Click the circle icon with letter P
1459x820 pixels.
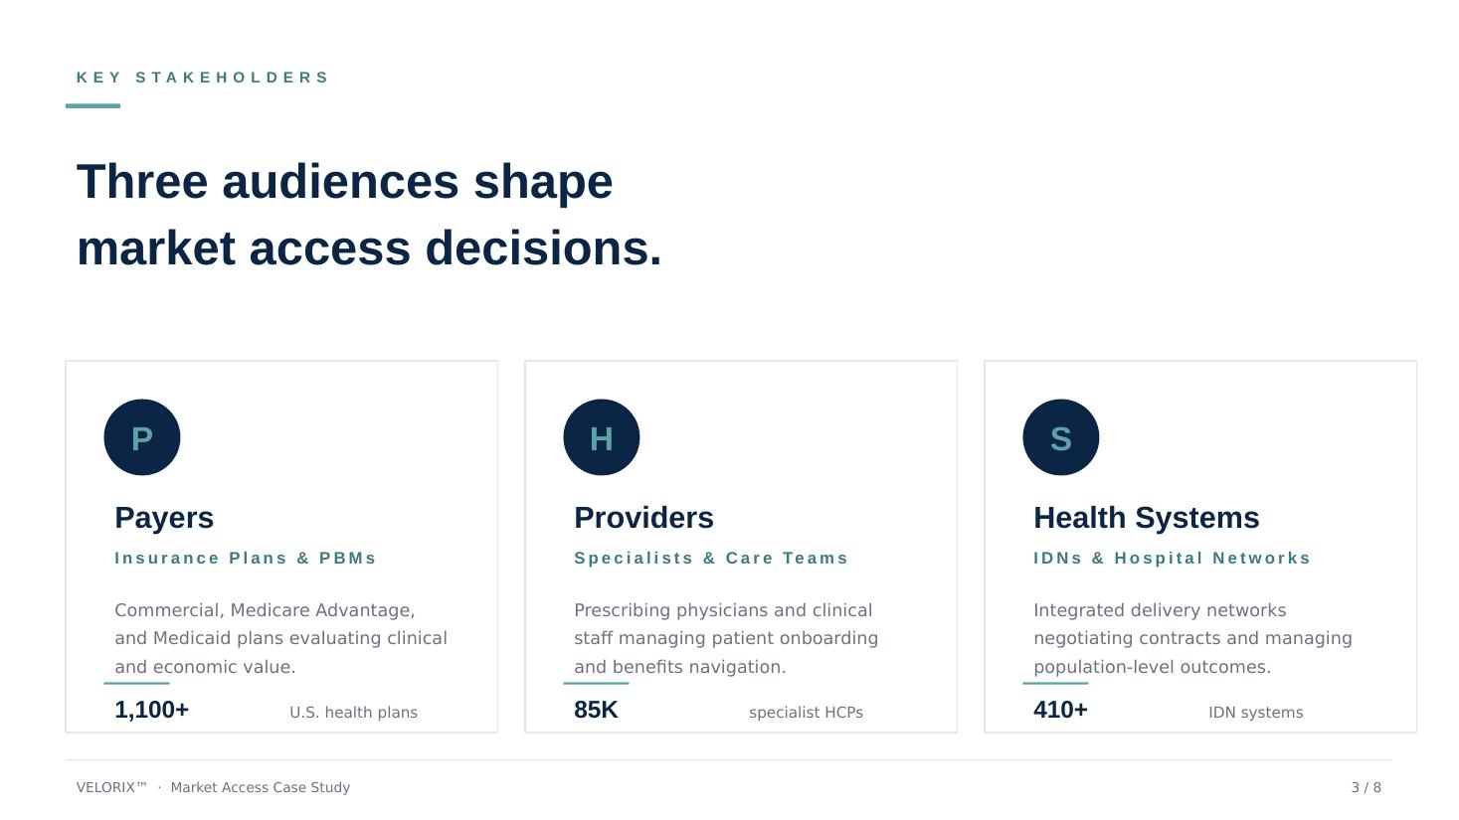tap(142, 437)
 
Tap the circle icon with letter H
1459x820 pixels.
tap(601, 437)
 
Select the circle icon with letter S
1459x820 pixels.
tap(1061, 437)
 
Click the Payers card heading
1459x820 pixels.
tap(164, 519)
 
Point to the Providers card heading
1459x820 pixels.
tap(643, 518)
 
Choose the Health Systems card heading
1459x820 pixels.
tap(1147, 519)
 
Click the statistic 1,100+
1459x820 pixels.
tap(152, 710)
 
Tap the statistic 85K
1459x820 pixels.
tap(596, 710)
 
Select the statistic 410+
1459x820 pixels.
tap(1060, 710)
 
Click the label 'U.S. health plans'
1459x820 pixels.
tap(354, 713)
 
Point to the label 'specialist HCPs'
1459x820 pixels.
tap(806, 713)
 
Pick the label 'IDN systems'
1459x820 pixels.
tap(1256, 713)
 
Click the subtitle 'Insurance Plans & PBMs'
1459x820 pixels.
tap(246, 559)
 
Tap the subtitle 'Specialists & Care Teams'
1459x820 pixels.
tap(711, 559)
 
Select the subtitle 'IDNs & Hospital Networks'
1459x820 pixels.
tap(1172, 559)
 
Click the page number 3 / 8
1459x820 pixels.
tap(1367, 787)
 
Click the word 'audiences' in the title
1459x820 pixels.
tap(341, 182)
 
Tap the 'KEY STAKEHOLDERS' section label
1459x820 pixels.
tap(203, 78)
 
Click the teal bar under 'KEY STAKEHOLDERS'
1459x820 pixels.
tap(92, 105)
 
